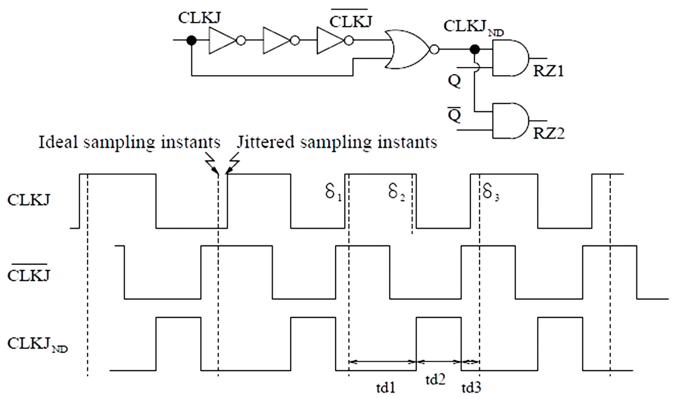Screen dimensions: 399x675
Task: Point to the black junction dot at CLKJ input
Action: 191,40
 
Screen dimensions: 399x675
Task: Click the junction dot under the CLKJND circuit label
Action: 475,49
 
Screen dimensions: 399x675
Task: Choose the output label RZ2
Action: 549,133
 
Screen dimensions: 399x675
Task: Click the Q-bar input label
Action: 454,115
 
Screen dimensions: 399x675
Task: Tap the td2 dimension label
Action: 435,380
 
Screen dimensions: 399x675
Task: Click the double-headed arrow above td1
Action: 382,362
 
